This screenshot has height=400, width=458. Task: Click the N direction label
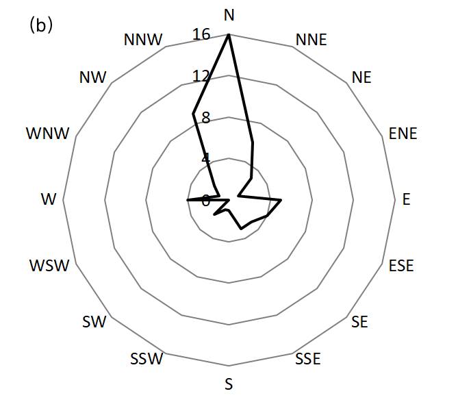point(229,14)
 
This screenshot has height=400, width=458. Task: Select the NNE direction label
point(311,39)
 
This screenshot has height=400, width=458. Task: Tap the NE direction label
point(361,77)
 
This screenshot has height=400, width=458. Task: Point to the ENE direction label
point(403,134)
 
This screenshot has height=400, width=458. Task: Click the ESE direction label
point(401,265)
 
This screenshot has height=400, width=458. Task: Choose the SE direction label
point(359,321)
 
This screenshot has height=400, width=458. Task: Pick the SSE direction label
point(307,358)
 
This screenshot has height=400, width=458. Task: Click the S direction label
point(229,384)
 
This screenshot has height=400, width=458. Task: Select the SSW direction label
point(147,358)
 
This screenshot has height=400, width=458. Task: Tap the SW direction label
point(94,321)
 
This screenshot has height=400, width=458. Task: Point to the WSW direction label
point(49,265)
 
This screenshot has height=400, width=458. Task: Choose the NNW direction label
point(143,40)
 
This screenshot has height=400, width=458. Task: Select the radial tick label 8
point(205,116)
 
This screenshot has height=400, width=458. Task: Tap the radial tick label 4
point(205,158)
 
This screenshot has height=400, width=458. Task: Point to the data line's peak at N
point(229,35)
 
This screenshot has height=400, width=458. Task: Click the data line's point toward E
point(281,200)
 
